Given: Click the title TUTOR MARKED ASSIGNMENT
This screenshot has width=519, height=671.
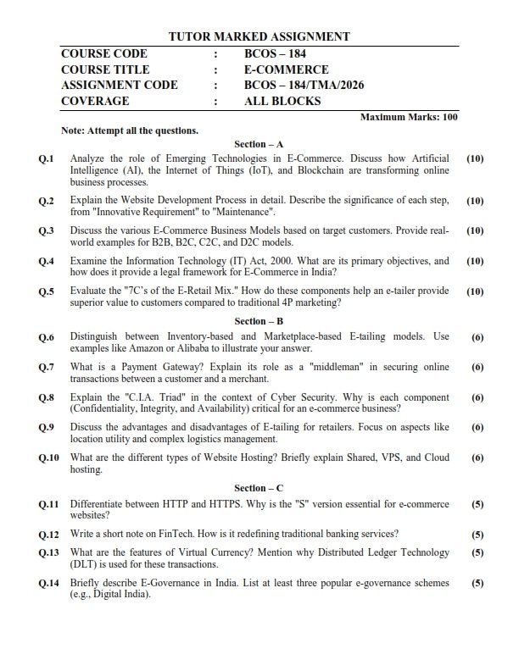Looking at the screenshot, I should tap(259, 36).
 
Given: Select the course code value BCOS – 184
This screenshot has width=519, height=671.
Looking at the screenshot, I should tap(276, 53).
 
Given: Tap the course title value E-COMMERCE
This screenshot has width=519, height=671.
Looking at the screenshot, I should tap(286, 69).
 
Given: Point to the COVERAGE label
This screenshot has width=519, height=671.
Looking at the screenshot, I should tap(95, 101).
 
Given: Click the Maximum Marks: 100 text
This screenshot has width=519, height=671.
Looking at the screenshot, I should tap(409, 117).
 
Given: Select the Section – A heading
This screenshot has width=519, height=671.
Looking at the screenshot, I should tap(259, 145).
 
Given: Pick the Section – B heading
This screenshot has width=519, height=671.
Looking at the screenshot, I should tap(259, 321).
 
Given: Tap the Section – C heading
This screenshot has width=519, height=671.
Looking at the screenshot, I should tap(259, 488).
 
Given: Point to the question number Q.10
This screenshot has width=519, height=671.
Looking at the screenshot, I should tap(48, 458).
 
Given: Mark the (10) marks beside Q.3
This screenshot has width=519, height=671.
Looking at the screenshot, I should tap(475, 230).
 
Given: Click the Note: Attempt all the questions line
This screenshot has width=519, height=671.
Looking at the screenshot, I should tap(130, 130).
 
